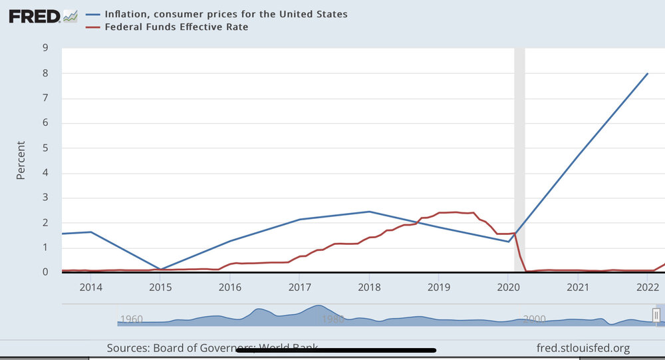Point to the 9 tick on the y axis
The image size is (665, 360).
45,48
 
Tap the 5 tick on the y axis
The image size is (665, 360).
45,148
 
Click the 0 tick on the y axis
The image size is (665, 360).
45,272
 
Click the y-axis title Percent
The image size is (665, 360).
21,160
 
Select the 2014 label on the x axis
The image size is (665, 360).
90,287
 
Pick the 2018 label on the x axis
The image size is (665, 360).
368,287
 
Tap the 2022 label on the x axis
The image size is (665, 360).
647,287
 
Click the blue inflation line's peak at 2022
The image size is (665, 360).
648,73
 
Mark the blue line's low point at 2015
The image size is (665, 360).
160,270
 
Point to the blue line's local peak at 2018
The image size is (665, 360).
369,212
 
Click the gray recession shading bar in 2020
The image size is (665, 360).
519,160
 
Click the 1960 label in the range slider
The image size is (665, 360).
131,319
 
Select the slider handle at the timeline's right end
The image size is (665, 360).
656,314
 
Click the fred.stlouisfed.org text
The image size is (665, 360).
583,348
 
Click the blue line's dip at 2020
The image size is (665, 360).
509,242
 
